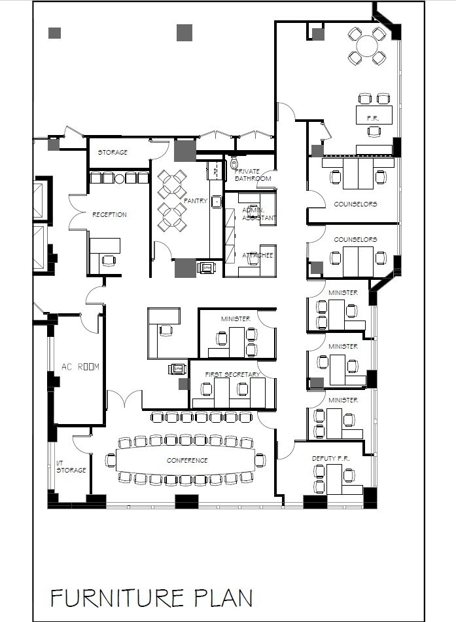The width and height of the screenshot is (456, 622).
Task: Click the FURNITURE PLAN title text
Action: click(152, 598)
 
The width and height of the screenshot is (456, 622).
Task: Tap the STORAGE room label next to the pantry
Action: click(113, 152)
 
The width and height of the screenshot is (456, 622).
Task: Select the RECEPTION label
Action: click(109, 215)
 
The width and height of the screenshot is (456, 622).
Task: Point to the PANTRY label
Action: click(195, 201)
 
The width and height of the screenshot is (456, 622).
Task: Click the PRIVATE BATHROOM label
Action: click(253, 175)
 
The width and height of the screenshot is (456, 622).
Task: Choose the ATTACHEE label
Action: click(257, 255)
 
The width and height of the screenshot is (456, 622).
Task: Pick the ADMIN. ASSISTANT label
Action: click(258, 214)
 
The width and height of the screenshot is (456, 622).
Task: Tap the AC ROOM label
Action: click(80, 367)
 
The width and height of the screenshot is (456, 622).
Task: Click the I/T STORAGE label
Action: click(71, 467)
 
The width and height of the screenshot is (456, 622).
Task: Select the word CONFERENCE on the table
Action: click(187, 461)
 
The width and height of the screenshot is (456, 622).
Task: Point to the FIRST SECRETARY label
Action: click(232, 374)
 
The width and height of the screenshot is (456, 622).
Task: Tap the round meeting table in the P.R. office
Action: click(367, 46)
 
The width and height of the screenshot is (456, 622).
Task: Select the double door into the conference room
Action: click(124, 398)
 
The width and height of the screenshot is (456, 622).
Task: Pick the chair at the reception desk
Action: click(109, 260)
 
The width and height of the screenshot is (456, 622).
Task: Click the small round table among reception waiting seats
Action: click(119, 178)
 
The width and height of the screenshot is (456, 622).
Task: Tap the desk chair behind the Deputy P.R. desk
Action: click(349, 475)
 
